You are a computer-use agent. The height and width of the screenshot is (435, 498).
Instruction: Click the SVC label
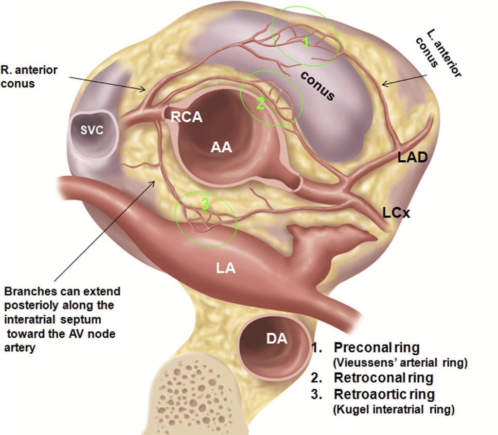click(x=92, y=130)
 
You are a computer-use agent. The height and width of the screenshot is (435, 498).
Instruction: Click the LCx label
click(x=394, y=213)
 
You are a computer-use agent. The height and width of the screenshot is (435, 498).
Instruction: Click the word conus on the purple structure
click(x=317, y=86)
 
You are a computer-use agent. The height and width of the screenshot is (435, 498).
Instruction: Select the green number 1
click(x=305, y=44)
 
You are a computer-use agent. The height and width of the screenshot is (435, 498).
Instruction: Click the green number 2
click(x=260, y=103)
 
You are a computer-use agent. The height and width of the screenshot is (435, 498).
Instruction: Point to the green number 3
click(x=205, y=205)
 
